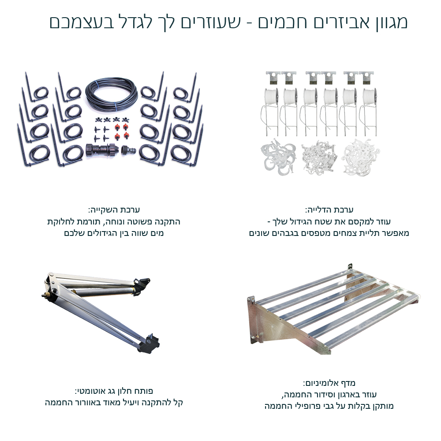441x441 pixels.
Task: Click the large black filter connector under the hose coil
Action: (102, 150)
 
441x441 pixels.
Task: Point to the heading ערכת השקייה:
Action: (114, 210)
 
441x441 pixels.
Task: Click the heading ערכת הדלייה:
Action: (329, 210)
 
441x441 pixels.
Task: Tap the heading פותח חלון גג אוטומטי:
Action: (114, 391)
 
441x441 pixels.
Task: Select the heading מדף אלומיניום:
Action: (329, 383)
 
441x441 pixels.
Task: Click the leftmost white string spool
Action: (271, 97)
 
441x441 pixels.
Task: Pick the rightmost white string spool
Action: (369, 97)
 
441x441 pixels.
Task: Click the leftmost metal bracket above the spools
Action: (273, 78)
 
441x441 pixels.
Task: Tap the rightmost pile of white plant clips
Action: (361, 157)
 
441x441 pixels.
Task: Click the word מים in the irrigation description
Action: (157, 233)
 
